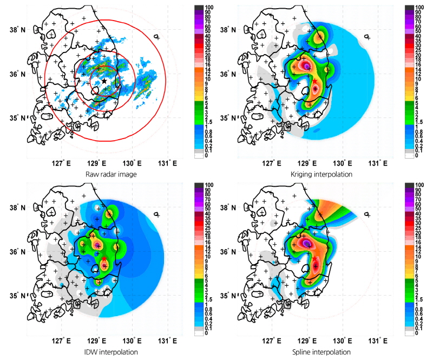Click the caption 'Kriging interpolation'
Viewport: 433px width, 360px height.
[x=313, y=174]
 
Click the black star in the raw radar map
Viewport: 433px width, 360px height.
[x=103, y=81]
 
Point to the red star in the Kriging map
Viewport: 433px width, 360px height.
[x=315, y=81]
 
